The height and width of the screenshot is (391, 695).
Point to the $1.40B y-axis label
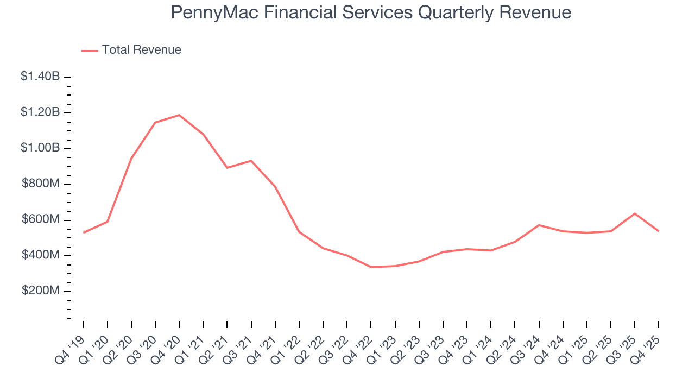coord(40,77)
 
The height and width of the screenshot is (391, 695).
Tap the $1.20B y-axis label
coord(40,112)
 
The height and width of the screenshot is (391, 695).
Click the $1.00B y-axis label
coord(40,148)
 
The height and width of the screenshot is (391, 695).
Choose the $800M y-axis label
coord(41,184)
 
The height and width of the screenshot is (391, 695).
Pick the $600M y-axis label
coord(41,219)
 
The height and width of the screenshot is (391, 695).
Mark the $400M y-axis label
coord(41,255)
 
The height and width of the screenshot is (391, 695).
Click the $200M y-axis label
coord(41,291)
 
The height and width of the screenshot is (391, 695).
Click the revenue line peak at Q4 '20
coord(179,115)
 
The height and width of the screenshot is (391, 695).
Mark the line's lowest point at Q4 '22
coord(371,267)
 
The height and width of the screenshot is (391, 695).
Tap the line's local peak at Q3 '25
coord(635,213)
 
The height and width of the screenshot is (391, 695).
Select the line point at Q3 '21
coord(251,161)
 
